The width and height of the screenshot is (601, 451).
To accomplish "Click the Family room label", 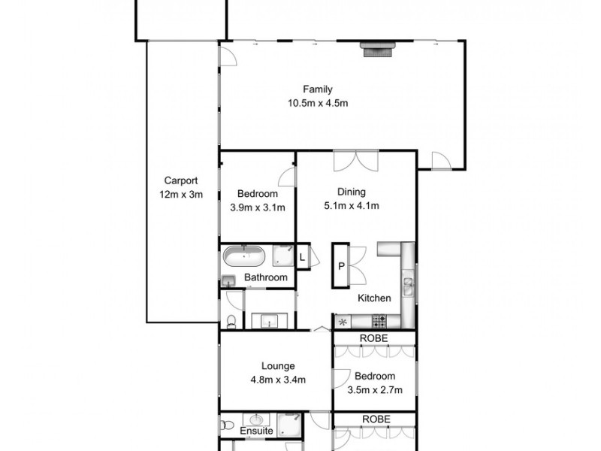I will click(x=318, y=89).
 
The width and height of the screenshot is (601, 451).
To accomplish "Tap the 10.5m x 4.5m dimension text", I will click(x=318, y=104).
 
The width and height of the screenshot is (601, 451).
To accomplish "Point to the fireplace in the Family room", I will click(x=378, y=50).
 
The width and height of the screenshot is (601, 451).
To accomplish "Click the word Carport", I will click(x=181, y=180).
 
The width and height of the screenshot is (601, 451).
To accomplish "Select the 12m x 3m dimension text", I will click(x=181, y=195).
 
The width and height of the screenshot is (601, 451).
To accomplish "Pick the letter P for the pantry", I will click(x=341, y=265).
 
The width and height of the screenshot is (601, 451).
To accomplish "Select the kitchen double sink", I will click(x=408, y=285).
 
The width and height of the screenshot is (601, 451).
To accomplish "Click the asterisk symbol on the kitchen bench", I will click(x=344, y=322).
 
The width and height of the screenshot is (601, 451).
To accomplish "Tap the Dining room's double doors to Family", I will click(x=352, y=160).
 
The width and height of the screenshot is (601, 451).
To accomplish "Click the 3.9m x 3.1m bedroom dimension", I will click(x=258, y=207).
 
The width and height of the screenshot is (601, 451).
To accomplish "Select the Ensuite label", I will click(x=256, y=431).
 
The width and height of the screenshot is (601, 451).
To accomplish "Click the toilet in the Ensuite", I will click(x=227, y=425).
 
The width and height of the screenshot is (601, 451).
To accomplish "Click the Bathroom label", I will click(x=266, y=278).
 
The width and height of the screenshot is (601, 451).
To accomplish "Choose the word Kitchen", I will click(x=374, y=298).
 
